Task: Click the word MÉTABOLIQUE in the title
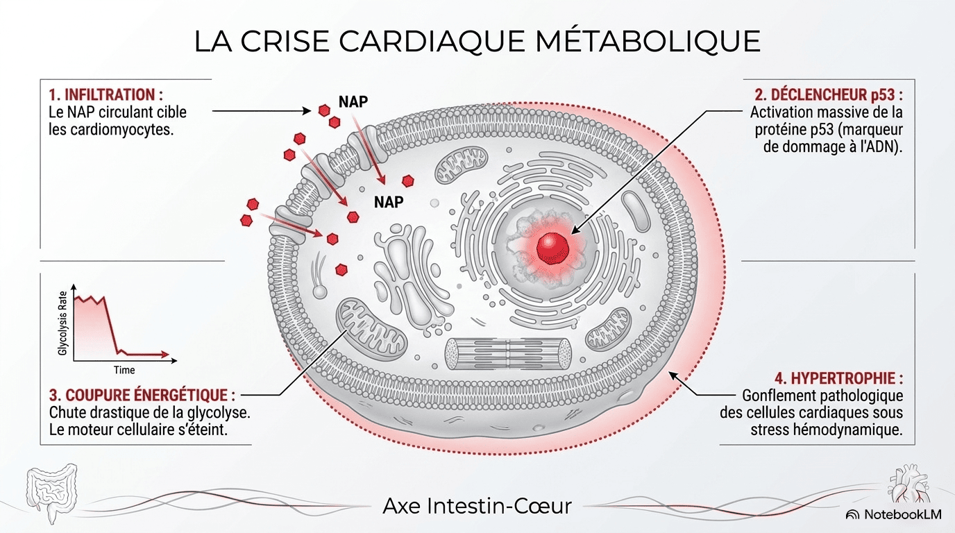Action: point(648,42)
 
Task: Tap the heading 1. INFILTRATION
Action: point(105,94)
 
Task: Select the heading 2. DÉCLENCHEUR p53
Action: point(829,94)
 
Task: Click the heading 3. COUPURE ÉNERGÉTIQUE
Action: point(142,395)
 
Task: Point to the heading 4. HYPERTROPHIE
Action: point(838,378)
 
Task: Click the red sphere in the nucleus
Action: point(552,248)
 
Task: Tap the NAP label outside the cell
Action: point(353,101)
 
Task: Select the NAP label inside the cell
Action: point(389,202)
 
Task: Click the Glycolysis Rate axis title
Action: point(63,323)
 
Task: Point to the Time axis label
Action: point(124,370)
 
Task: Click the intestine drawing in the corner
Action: point(51,493)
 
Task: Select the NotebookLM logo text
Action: point(902,514)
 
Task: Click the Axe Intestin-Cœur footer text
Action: point(477,506)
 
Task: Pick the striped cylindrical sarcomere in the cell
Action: point(508,353)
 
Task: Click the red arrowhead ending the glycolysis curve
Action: point(164,354)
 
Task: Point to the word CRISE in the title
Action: point(285,42)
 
